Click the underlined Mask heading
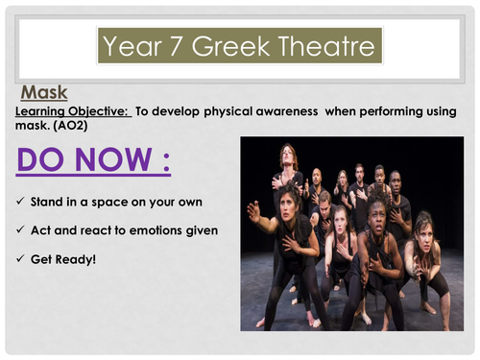(x=44, y=93)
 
